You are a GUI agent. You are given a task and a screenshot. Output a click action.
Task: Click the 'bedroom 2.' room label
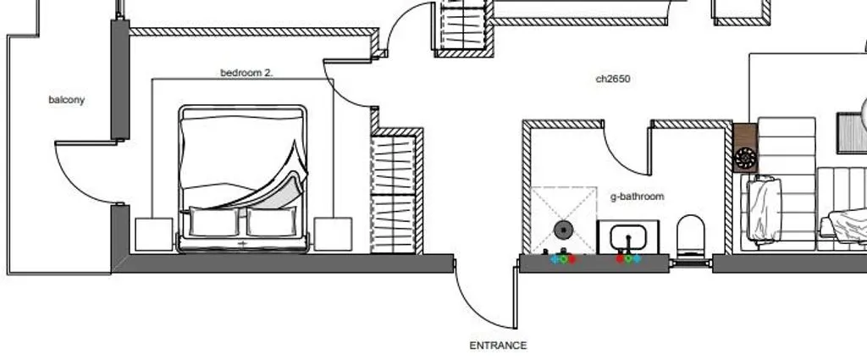(x=246, y=73)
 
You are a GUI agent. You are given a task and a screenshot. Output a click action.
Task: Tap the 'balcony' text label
(x=66, y=100)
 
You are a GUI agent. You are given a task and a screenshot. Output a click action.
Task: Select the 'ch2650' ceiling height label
(x=613, y=79)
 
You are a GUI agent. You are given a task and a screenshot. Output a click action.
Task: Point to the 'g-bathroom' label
(x=637, y=197)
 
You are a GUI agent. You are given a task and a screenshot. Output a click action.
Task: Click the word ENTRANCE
(x=498, y=346)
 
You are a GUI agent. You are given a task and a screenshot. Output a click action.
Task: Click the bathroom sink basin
(x=628, y=238)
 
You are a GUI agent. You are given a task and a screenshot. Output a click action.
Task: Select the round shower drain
(x=563, y=230)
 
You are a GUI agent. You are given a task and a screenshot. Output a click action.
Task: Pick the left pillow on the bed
(x=214, y=221)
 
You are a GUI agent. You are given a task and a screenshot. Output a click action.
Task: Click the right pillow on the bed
(x=272, y=221)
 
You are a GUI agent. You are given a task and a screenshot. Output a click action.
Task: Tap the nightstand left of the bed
(x=154, y=235)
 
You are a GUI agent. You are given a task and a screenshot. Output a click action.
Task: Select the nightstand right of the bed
(x=333, y=234)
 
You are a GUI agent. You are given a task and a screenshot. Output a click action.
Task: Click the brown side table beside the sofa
(x=745, y=147)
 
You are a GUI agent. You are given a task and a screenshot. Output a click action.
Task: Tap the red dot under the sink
(x=620, y=258)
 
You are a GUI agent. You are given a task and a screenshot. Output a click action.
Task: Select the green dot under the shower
(x=563, y=259)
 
